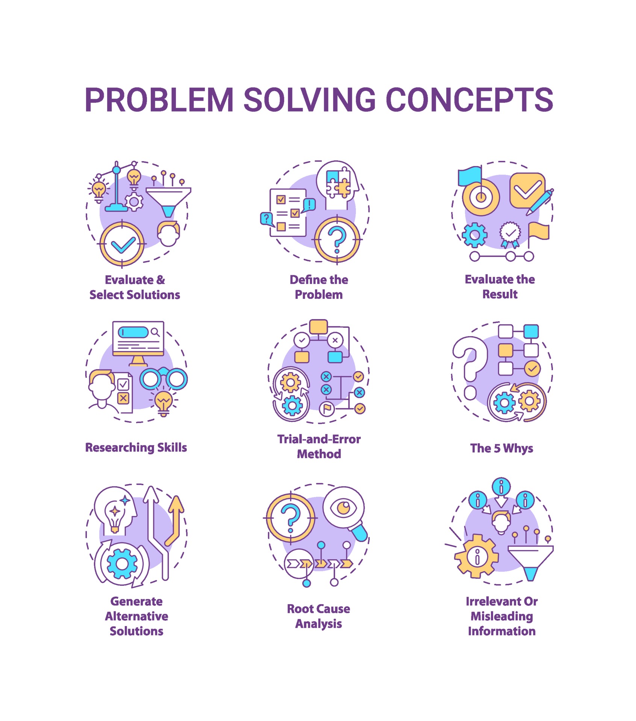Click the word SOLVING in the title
(309, 100)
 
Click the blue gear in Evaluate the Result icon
(474, 235)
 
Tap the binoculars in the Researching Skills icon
(164, 379)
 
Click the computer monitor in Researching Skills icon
(138, 340)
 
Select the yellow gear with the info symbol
(477, 556)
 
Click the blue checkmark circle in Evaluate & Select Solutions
(122, 244)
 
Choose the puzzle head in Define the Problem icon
(337, 184)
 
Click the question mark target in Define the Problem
(337, 240)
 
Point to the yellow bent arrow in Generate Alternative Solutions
(175, 520)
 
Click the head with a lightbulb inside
(115, 511)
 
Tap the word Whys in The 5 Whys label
(518, 448)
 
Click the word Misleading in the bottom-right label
(501, 616)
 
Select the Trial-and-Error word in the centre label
(319, 439)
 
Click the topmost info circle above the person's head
(501, 487)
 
